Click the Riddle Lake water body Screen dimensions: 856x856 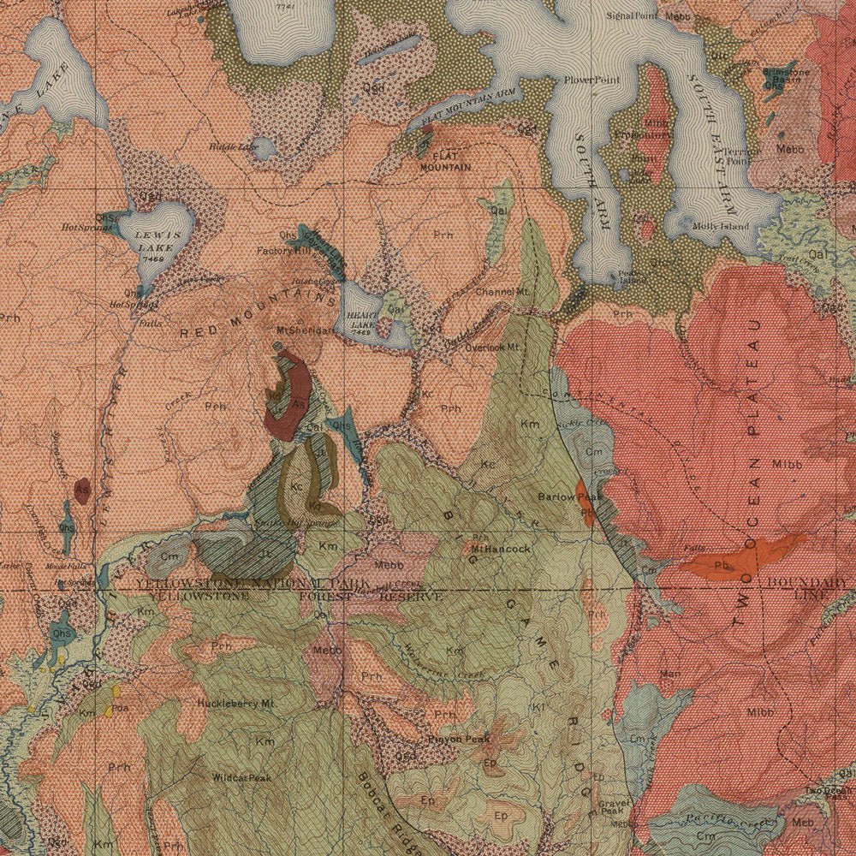coord(265,150)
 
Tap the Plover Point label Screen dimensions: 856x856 coord(591,80)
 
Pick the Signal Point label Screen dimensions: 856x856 coord(631,15)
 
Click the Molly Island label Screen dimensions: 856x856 coord(721,226)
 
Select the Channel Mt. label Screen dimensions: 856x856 coord(504,292)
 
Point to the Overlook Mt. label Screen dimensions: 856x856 coord(493,348)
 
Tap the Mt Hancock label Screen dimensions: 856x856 coord(501,548)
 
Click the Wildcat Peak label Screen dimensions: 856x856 coord(242,778)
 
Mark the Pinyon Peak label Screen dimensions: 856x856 coord(460,739)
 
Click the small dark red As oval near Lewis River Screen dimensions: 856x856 coord(82,490)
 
